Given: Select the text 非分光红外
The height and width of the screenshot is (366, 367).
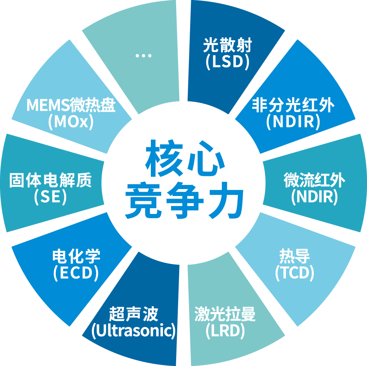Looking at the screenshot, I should [293, 106].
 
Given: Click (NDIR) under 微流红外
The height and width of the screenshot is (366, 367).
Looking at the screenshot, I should [314, 197].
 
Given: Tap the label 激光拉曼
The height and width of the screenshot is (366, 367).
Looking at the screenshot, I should [225, 315].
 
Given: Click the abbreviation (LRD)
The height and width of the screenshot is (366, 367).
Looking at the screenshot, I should [225, 331].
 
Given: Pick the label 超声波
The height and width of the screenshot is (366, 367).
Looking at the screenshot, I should [134, 315].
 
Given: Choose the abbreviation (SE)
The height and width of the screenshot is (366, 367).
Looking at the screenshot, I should [50, 197].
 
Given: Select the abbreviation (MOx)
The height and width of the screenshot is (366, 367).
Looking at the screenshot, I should [71, 122].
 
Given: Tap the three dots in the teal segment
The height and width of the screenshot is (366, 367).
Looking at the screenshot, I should [143, 56].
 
